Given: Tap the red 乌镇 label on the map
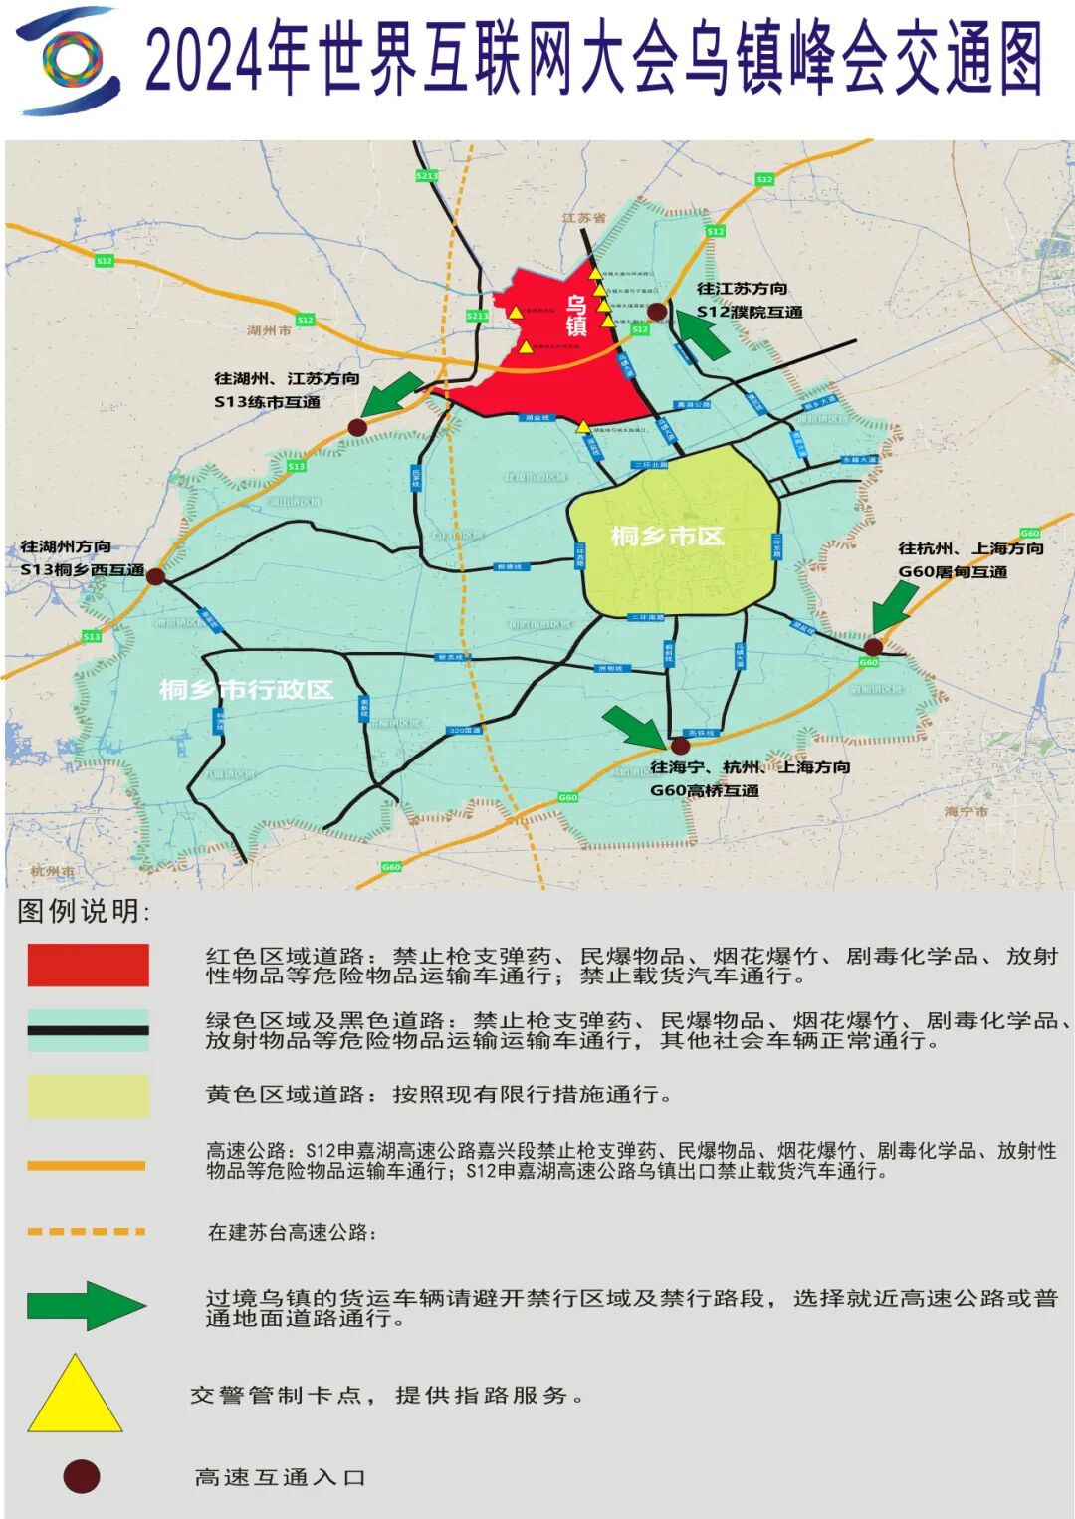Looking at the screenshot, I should [x=576, y=316].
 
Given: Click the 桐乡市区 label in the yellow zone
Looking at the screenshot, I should [x=667, y=537].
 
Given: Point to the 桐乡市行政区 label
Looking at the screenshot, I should [x=246, y=690].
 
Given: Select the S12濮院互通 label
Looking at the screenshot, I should [x=750, y=312].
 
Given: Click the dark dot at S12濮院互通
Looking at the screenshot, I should [x=657, y=312].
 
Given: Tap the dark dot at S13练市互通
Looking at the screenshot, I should [x=357, y=427].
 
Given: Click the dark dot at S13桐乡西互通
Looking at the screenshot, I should [x=155, y=575].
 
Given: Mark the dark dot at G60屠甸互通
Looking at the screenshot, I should [x=873, y=647].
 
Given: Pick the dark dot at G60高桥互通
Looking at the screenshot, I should [x=681, y=745].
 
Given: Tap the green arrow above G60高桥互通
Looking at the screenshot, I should [x=633, y=726].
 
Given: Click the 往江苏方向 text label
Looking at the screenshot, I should [x=742, y=289].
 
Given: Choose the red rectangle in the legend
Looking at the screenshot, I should [x=88, y=966].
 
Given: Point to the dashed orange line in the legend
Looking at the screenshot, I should [x=87, y=1232].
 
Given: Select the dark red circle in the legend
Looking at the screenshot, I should [x=81, y=1476].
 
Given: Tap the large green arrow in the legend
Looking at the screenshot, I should [x=87, y=1305].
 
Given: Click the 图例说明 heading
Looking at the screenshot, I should [x=84, y=911].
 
